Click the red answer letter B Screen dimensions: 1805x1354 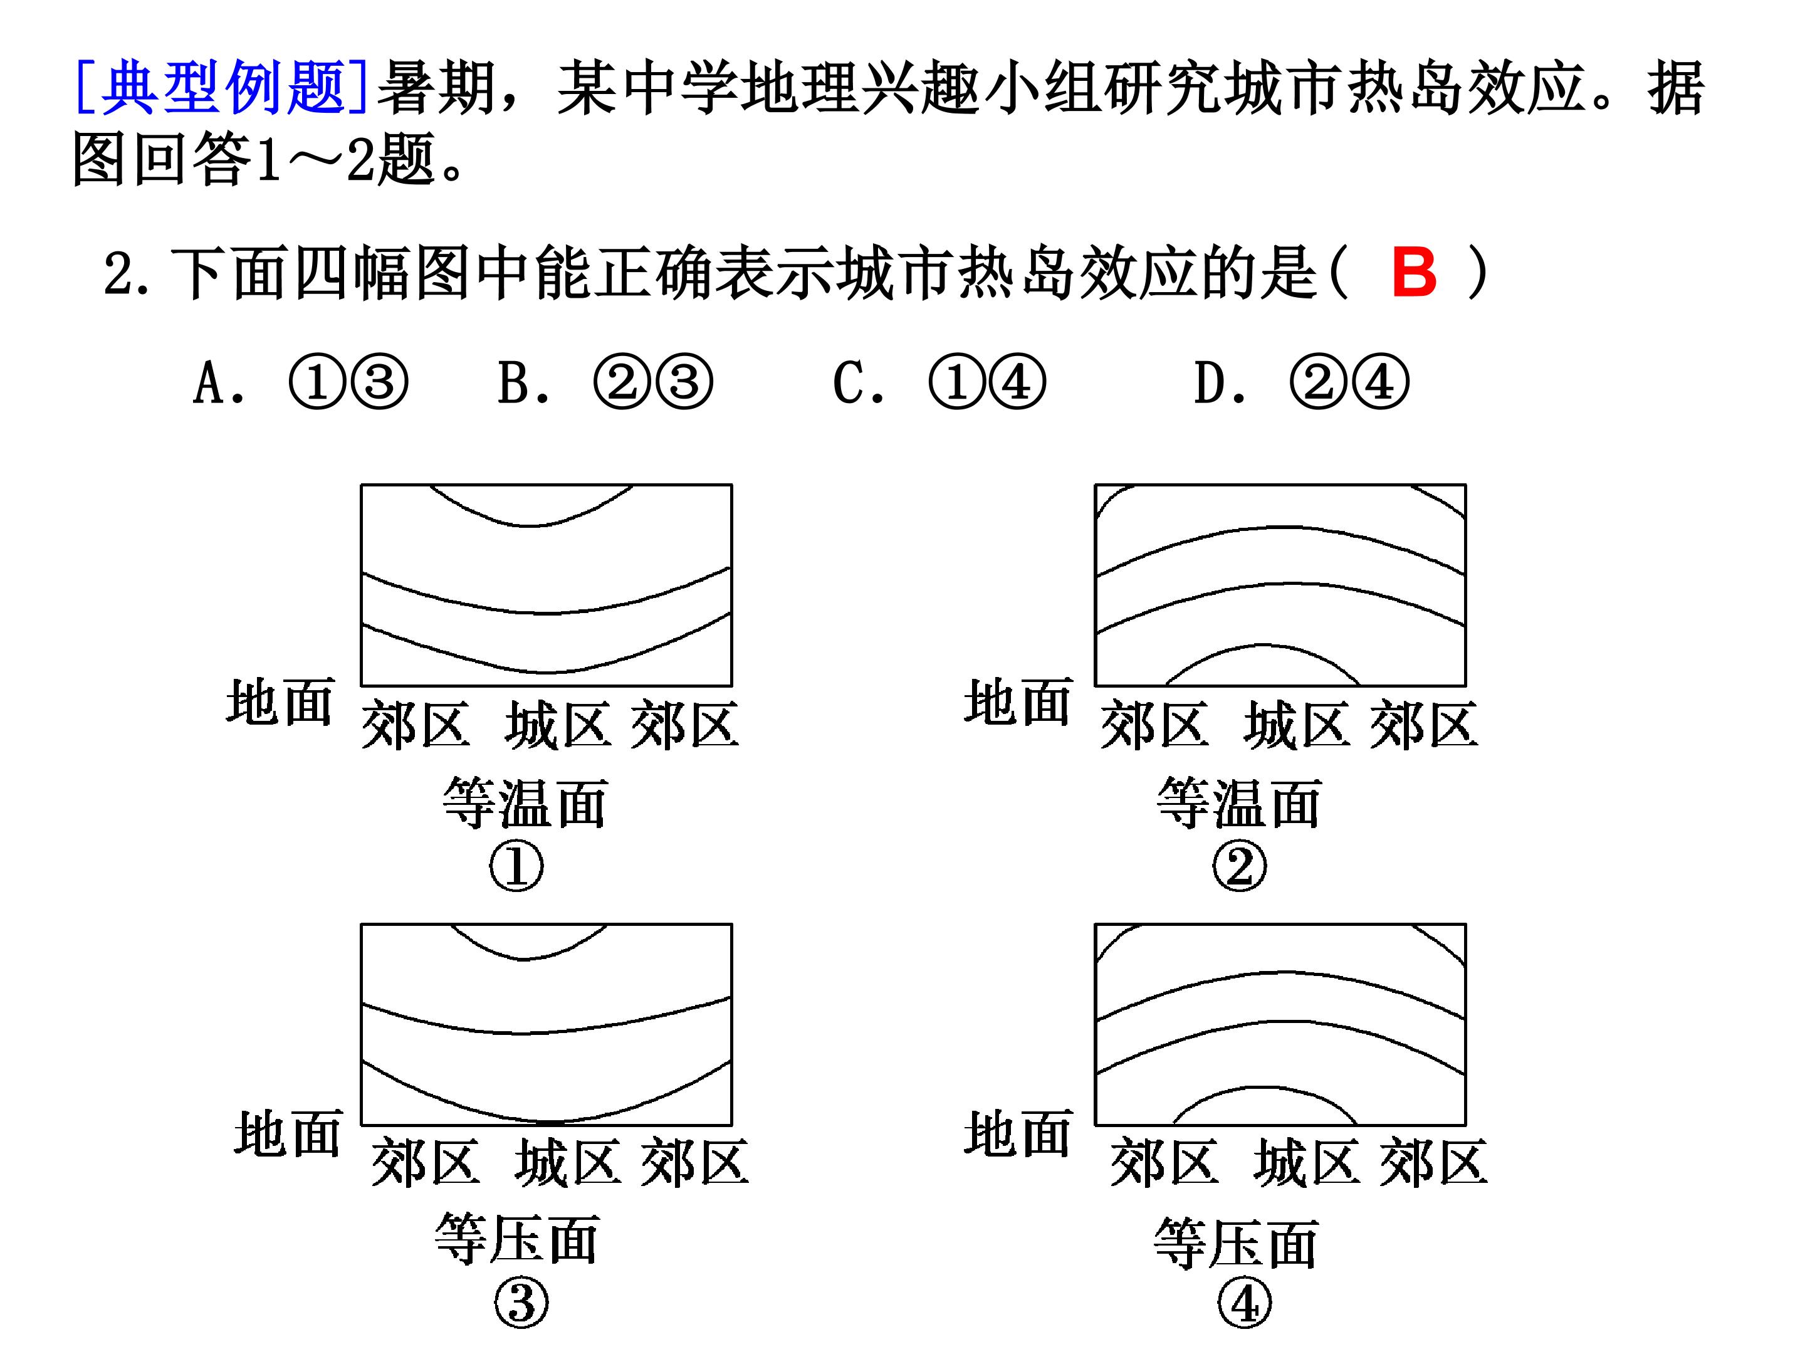point(1413,272)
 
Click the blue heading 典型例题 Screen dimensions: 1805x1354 point(222,87)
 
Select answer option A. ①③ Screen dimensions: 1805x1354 point(300,382)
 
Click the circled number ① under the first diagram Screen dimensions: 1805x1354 point(516,865)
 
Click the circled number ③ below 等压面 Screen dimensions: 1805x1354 point(521,1303)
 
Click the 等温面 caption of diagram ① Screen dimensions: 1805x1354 point(525,802)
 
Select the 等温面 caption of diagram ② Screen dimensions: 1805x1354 point(1240,802)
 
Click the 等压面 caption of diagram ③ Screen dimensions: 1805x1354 point(517,1237)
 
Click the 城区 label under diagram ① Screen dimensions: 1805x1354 point(558,724)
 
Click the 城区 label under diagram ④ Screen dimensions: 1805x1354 point(1306,1162)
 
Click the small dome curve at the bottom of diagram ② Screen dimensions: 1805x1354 point(1263,646)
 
